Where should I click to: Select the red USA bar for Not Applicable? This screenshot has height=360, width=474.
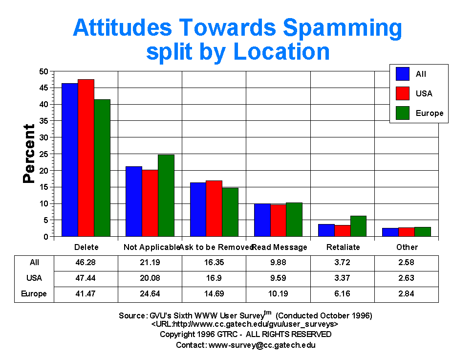point(150,203)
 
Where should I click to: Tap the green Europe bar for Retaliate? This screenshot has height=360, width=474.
point(358,226)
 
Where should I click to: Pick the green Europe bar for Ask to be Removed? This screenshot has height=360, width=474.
point(230,212)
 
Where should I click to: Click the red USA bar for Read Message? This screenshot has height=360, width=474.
point(278,220)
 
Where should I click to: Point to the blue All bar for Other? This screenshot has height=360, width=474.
point(390,232)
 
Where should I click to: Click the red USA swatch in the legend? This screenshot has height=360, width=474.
point(403,93)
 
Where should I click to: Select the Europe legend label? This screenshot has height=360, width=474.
point(430,113)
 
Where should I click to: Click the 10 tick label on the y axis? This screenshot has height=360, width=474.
point(44,203)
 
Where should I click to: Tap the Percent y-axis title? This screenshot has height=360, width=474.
point(29,154)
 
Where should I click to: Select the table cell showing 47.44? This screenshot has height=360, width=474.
point(86,278)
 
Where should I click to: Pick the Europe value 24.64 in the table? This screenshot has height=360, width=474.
point(150,294)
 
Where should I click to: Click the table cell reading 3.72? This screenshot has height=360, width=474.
point(343,262)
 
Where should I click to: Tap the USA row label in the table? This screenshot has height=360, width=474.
point(34,278)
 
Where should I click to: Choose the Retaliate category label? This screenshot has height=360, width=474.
point(343,247)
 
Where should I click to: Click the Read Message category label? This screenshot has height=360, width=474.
point(280,247)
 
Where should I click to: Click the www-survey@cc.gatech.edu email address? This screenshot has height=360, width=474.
point(262,344)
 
